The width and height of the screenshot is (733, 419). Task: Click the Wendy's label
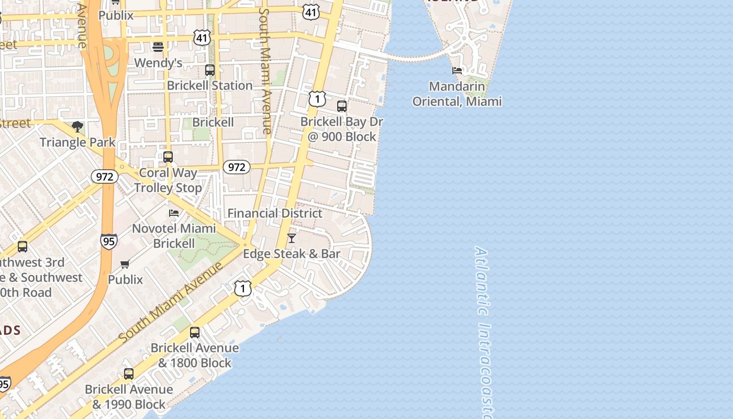pyautogui.click(x=158, y=63)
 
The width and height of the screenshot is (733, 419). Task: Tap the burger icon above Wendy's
pyautogui.click(x=158, y=47)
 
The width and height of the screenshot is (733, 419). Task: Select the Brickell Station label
pyautogui.click(x=209, y=85)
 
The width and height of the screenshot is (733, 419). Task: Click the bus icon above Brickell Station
pyautogui.click(x=210, y=70)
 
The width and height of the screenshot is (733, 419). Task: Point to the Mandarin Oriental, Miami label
pyautogui.click(x=457, y=94)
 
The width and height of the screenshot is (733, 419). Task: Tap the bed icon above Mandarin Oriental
pyautogui.click(x=457, y=71)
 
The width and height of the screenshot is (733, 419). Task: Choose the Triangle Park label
pyautogui.click(x=77, y=142)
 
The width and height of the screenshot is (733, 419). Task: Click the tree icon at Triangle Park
pyautogui.click(x=77, y=126)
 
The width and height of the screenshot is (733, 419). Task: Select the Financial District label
pyautogui.click(x=275, y=213)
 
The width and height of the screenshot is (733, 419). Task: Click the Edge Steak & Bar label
pyautogui.click(x=292, y=254)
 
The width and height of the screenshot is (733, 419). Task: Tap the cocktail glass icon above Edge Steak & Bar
pyautogui.click(x=292, y=238)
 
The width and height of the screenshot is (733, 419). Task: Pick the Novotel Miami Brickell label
pyautogui.click(x=174, y=236)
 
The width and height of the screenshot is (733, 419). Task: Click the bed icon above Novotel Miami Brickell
pyautogui.click(x=174, y=213)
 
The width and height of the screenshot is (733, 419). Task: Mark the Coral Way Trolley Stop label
pyautogui.click(x=168, y=180)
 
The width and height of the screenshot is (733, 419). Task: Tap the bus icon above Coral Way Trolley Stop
pyautogui.click(x=168, y=157)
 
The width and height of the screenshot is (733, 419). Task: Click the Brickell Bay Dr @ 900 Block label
pyautogui.click(x=342, y=129)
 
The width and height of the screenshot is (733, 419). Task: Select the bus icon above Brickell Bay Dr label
pyautogui.click(x=342, y=106)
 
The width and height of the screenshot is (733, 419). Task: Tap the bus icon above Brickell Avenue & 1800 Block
pyautogui.click(x=195, y=332)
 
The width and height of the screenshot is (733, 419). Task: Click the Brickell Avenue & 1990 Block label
pyautogui.click(x=129, y=397)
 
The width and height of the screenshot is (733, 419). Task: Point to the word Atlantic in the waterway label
pyautogui.click(x=482, y=281)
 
